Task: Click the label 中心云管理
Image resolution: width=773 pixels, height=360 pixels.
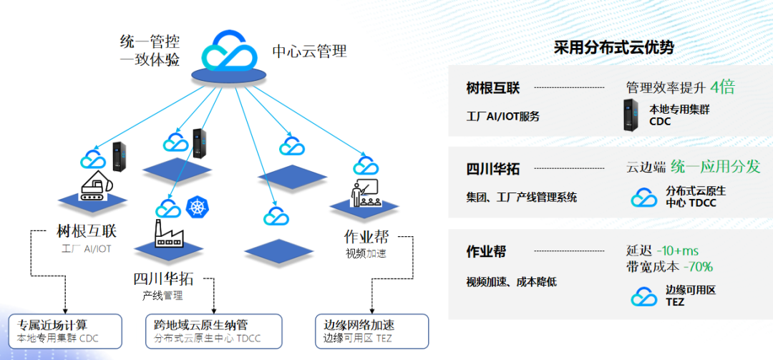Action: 309,52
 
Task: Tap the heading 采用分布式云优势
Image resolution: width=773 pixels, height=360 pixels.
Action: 613,48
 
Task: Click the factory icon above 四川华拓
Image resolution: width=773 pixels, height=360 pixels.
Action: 168,233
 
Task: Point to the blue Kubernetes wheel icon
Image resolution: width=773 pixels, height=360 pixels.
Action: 195,208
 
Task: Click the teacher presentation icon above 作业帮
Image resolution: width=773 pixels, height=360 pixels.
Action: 364,195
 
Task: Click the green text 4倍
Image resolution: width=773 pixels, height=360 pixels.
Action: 722,87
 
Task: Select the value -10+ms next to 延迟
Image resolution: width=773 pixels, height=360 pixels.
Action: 677,250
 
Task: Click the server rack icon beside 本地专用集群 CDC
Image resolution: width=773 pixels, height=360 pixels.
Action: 631,116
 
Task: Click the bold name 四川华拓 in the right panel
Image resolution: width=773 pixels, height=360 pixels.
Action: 493,170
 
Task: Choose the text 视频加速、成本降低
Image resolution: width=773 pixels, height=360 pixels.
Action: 511,282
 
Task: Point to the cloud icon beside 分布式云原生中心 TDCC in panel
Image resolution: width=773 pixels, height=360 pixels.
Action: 644,197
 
